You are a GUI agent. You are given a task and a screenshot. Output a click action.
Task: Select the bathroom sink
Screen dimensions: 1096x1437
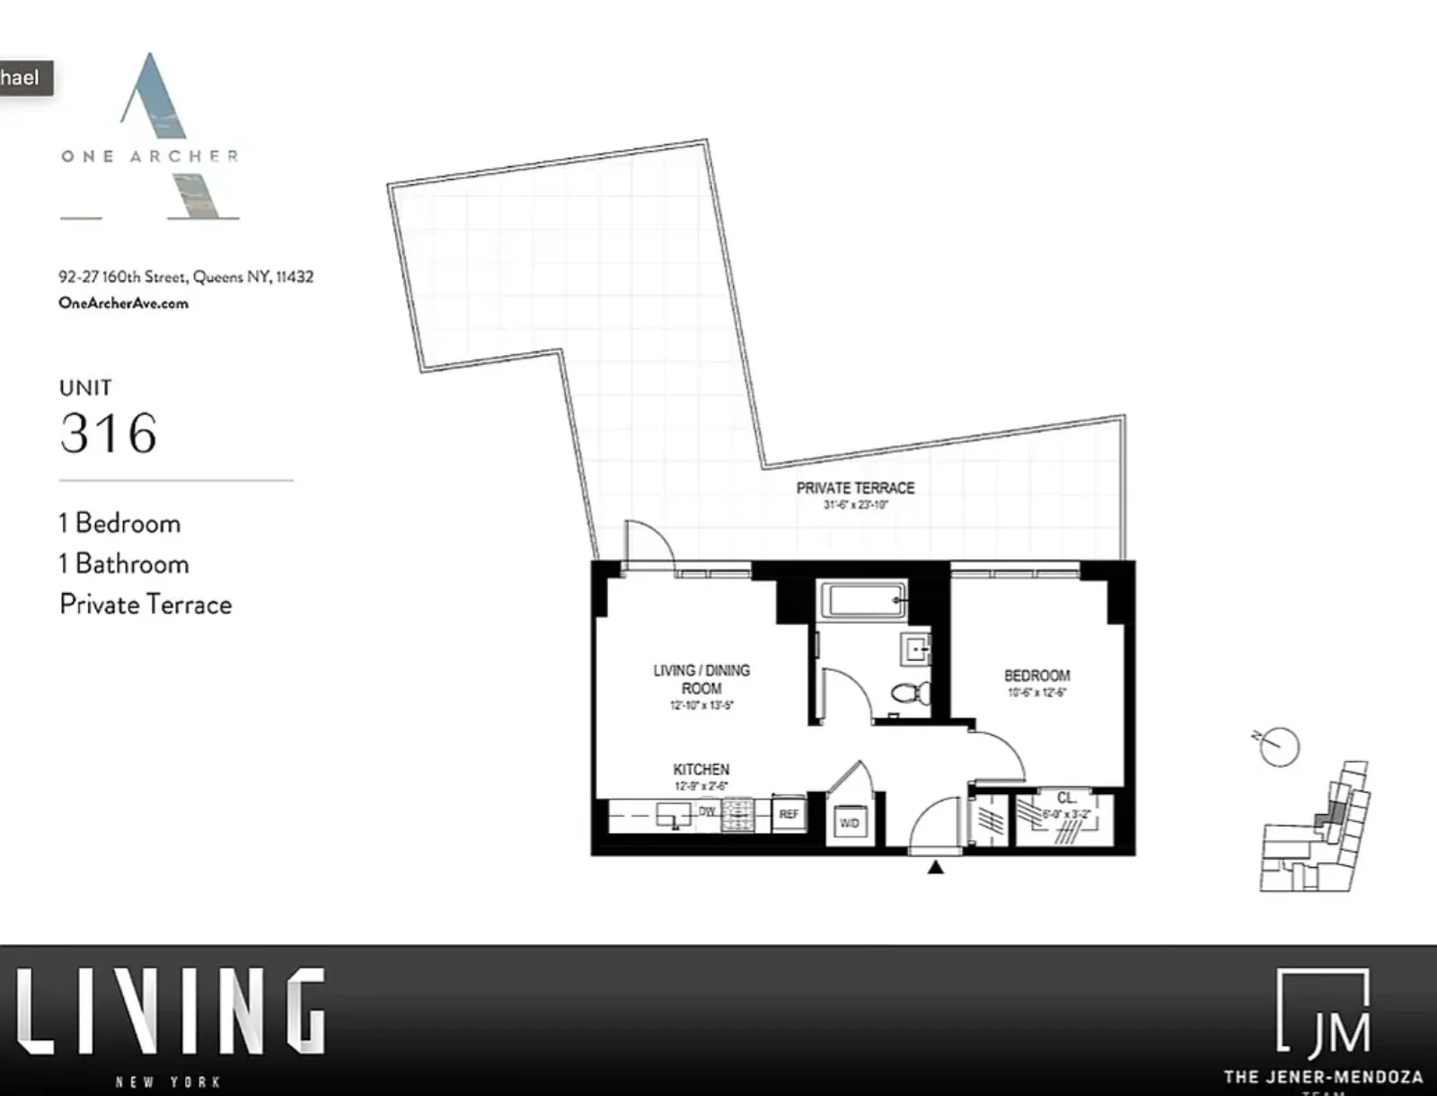(916, 647)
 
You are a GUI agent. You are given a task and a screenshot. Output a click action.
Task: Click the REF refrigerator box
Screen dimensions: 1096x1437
(789, 814)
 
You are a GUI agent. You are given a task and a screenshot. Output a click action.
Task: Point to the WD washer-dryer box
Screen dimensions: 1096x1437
(849, 823)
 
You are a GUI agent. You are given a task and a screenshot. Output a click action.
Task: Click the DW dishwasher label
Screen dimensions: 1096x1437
(708, 811)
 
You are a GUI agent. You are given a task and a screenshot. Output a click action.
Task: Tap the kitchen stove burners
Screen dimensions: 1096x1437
(738, 815)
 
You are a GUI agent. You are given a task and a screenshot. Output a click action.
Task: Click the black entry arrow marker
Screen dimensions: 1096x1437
(936, 867)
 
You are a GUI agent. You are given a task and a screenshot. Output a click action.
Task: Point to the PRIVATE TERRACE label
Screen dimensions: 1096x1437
(855, 488)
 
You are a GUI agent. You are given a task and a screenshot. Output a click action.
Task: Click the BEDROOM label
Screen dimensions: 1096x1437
(1036, 676)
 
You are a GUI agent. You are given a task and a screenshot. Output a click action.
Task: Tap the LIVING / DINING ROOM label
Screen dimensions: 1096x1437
(701, 679)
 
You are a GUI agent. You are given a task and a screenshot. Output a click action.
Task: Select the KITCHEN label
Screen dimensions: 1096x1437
(701, 770)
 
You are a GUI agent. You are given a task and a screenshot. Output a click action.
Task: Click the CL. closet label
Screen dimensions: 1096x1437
(1066, 798)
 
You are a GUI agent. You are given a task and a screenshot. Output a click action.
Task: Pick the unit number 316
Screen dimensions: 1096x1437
(109, 433)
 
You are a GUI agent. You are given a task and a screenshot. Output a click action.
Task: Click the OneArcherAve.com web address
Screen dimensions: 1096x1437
(124, 303)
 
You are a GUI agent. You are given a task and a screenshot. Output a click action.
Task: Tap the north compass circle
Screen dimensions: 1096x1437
(1279, 747)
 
